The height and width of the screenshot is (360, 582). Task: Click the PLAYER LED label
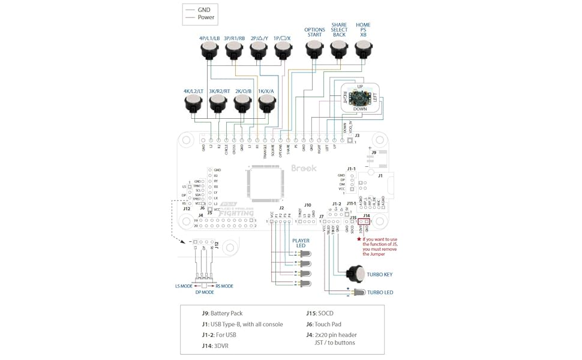(301, 243)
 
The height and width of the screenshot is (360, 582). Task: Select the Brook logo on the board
(304, 169)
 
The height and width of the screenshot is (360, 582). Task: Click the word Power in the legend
(206, 17)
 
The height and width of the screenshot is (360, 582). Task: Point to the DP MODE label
(204, 292)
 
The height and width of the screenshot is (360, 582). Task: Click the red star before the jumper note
(359, 239)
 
